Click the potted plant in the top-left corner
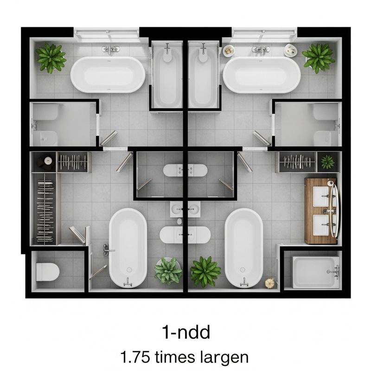pos(51,58)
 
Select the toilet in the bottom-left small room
pos(48,271)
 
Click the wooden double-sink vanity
pos(321,211)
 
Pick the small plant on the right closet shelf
pos(327,162)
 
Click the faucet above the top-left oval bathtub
pos(111,49)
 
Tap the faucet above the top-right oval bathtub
pos(261,49)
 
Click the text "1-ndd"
pos(185,332)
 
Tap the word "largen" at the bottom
pos(222,358)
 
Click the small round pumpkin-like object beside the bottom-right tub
pos(269,282)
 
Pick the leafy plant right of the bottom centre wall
pos(205,271)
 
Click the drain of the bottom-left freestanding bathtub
pos(129,269)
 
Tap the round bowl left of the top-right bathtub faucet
pos(229,50)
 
